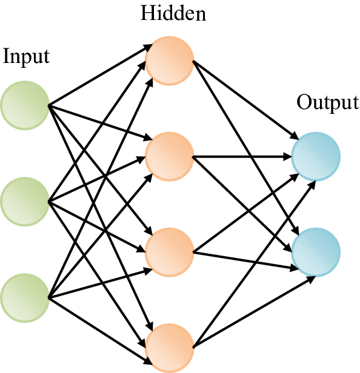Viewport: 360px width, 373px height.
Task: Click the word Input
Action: click(x=26, y=57)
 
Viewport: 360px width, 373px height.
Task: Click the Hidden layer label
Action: click(x=173, y=13)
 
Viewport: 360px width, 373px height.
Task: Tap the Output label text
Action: click(x=327, y=102)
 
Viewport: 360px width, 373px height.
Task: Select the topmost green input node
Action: click(x=25, y=105)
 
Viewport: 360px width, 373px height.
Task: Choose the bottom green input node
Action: click(x=25, y=297)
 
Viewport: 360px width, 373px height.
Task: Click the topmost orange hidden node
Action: click(x=170, y=60)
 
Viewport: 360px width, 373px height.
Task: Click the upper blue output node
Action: click(x=315, y=156)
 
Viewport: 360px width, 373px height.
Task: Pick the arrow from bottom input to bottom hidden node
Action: click(x=97, y=322)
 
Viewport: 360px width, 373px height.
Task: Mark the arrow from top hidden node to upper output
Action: click(x=242, y=100)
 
